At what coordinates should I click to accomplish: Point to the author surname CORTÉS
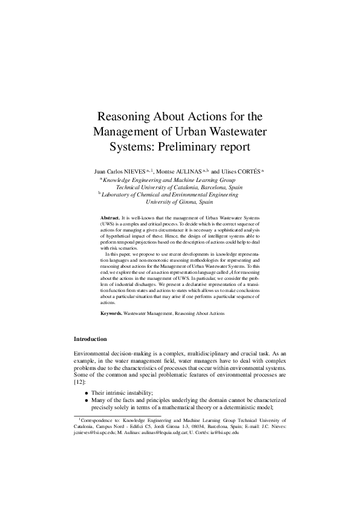pos(247,171)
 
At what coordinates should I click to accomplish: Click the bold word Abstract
pos(110,216)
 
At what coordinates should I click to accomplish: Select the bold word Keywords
pos(111,314)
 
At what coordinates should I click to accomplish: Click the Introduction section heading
pos(90,339)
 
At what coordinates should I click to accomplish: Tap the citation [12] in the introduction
pos(79,383)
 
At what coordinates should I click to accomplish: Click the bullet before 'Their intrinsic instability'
pos(87,392)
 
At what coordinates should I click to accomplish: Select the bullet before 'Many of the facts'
pos(87,400)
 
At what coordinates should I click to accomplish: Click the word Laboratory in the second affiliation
pos(117,195)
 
